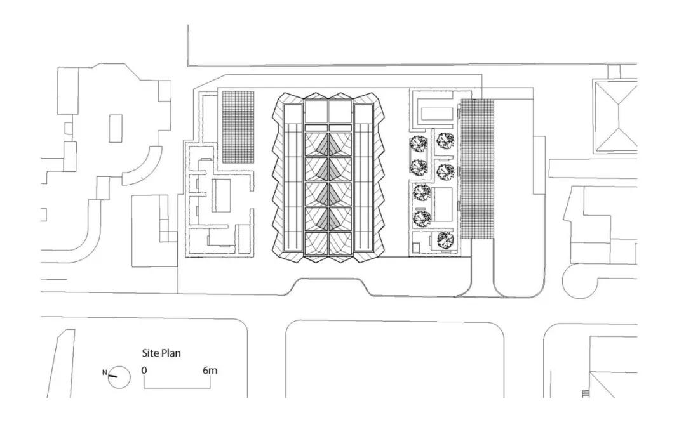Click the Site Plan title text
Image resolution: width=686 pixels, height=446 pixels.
click(161, 353)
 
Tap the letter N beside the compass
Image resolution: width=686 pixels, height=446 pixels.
click(105, 372)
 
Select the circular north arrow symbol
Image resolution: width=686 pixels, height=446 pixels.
click(119, 377)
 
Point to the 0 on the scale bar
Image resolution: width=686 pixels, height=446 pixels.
click(144, 370)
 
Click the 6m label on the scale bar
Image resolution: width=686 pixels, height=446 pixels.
click(210, 370)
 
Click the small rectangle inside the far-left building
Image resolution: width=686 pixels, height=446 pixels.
click(116, 128)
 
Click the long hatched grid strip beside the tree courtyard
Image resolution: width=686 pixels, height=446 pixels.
click(476, 169)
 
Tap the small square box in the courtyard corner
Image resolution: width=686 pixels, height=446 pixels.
click(419, 242)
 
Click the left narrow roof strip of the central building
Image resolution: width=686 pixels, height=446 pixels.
click(293, 178)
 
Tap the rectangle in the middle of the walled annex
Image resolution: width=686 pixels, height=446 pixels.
click(222, 196)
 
